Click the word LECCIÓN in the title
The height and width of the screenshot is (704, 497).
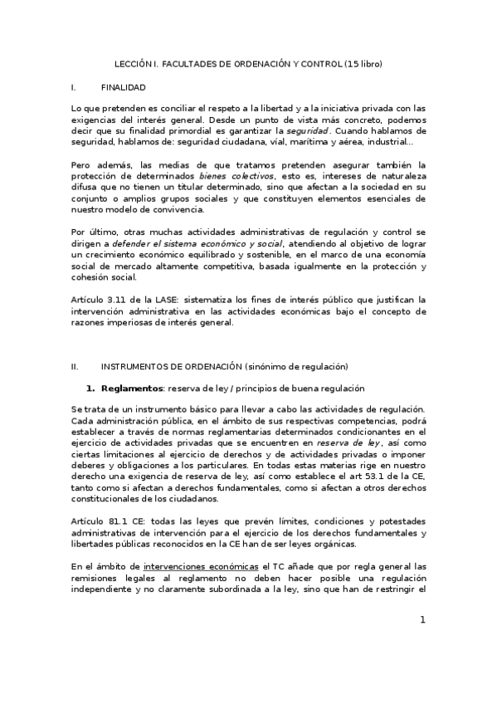(x=133, y=63)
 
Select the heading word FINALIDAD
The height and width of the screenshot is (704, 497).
(x=123, y=86)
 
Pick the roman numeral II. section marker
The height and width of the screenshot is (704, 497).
(x=75, y=366)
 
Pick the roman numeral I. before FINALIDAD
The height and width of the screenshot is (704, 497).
(x=74, y=86)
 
